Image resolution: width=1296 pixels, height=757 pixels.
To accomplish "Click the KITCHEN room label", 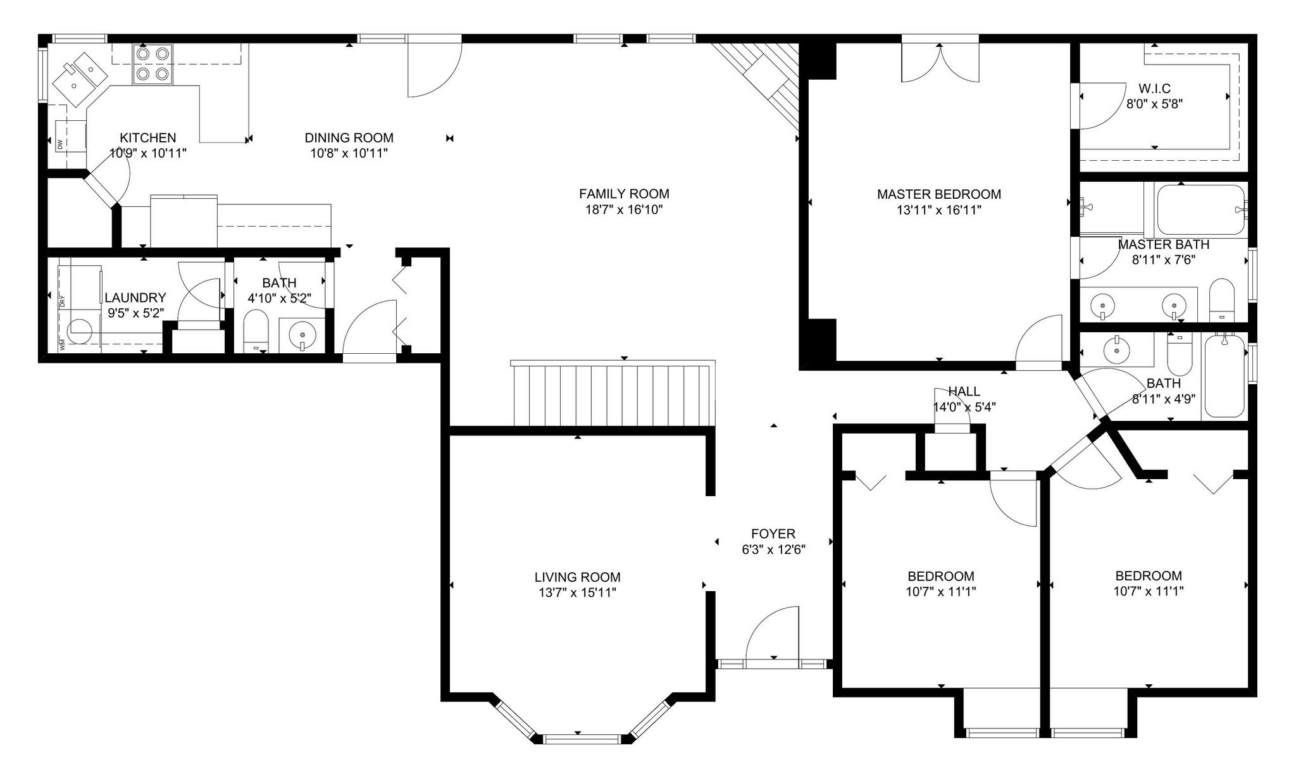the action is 148,137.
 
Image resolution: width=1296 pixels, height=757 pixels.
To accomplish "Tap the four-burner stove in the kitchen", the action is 153,64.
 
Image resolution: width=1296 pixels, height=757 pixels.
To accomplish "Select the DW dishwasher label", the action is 60,144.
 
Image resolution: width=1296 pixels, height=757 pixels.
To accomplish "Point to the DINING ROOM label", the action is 349,137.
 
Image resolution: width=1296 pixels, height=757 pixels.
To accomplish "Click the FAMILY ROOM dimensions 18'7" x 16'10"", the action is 624,210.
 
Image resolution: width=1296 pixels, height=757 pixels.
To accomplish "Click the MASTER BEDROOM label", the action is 939,194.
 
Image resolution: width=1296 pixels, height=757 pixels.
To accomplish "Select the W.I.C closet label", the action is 1155,89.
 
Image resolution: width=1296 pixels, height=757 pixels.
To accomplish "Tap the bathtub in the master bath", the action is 1200,210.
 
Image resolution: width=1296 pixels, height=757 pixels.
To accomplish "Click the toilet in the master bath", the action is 1221,300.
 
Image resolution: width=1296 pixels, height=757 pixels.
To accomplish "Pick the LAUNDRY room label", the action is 135,297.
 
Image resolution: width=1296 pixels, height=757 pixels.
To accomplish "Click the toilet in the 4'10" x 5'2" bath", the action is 256,330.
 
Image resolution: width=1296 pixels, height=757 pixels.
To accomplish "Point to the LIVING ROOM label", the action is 577,577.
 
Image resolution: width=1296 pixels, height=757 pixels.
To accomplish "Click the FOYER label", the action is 773,534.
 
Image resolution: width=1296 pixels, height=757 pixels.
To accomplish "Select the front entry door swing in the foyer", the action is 773,633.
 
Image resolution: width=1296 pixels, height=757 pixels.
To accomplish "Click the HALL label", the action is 964,392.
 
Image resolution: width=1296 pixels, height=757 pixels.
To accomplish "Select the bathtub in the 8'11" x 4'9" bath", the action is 1224,376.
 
